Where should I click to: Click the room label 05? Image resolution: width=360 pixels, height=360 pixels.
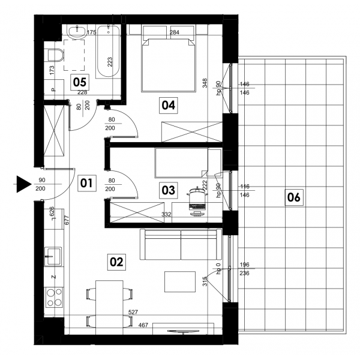[80, 82]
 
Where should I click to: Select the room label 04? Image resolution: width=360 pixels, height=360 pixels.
[168, 105]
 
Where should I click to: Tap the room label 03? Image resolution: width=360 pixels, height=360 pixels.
[168, 190]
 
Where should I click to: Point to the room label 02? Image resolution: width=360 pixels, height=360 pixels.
[116, 262]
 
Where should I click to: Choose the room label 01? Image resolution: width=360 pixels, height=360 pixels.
[86, 183]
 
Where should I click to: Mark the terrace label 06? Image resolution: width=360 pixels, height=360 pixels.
[294, 197]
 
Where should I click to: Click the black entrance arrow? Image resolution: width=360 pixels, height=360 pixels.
[24, 184]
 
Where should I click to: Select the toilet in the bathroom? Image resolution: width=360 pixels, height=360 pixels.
[55, 55]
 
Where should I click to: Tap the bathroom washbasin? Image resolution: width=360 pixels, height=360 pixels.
[76, 31]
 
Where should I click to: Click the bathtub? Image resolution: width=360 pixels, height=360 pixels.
[109, 51]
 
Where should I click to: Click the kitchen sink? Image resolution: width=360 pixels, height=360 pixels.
[53, 256]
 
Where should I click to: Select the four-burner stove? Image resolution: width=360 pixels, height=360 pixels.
[54, 298]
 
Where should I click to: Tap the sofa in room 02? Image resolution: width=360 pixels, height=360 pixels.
[181, 244]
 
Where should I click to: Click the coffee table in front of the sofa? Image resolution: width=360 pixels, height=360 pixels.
[180, 282]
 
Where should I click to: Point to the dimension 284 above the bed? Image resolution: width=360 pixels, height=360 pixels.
[174, 32]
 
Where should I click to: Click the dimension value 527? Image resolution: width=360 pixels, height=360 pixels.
[133, 312]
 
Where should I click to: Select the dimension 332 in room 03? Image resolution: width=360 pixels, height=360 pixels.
[166, 214]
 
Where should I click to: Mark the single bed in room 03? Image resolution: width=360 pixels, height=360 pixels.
[181, 163]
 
